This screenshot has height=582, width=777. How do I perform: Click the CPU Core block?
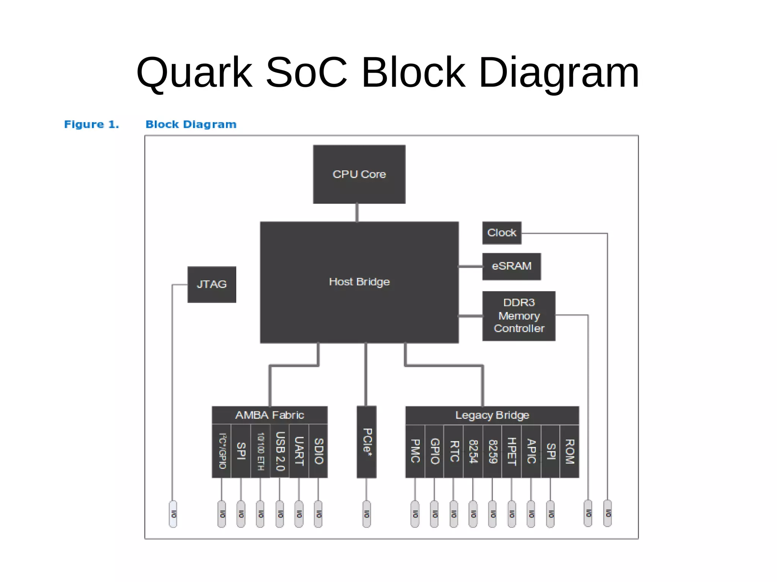tap(359, 174)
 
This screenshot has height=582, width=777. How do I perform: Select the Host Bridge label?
tap(359, 282)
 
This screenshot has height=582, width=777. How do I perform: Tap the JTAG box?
tap(212, 284)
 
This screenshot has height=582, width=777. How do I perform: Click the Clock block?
tap(502, 233)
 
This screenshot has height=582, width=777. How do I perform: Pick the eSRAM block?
tap(511, 266)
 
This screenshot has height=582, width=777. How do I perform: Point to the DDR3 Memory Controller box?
tap(519, 316)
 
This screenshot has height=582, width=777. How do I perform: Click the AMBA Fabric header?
tap(269, 415)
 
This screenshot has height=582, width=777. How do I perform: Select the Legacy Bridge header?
tap(492, 416)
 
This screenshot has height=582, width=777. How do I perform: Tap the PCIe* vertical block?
tap(366, 442)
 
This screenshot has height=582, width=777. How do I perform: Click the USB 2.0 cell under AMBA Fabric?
tap(280, 451)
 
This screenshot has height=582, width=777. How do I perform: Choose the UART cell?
tap(299, 451)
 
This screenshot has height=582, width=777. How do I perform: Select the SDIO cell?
tap(319, 451)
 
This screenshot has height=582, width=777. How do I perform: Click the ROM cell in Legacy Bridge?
tap(570, 451)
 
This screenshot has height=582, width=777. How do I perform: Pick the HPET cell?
tap(511, 451)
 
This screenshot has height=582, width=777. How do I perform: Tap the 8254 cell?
tap(473, 451)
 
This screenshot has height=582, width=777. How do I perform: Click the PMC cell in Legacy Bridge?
tap(415, 451)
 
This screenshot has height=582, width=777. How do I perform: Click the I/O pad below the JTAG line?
tap(173, 514)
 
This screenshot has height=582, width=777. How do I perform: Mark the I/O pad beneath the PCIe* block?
tap(366, 514)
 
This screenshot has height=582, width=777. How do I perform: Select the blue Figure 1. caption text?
tap(91, 124)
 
